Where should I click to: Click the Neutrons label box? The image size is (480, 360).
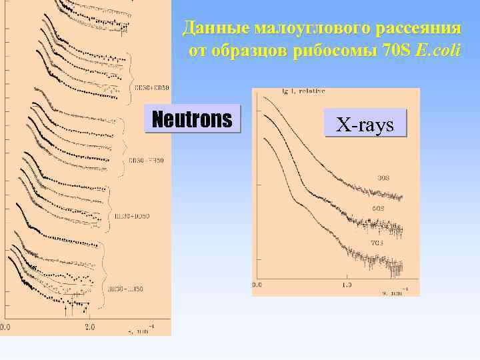coord(192,119)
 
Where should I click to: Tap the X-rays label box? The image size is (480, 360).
coord(365,124)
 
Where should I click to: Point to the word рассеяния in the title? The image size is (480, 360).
coord(417,29)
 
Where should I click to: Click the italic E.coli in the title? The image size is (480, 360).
coord(437,51)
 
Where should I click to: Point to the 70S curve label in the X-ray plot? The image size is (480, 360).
coord(377,243)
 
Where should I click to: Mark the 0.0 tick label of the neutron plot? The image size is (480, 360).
coord(5,327)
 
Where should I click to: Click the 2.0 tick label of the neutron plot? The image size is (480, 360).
coord(90,327)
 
